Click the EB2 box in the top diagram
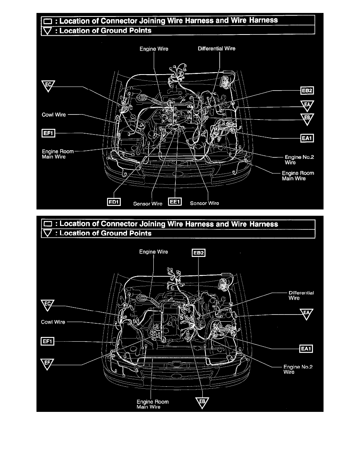307,91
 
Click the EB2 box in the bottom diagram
199,253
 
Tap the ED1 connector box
114,202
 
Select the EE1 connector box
175,202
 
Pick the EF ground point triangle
47,364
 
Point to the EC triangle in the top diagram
48,86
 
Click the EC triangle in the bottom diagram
47,305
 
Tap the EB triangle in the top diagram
307,119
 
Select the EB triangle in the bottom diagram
202,402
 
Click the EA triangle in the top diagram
307,106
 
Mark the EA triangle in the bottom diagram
306,313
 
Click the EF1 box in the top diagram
48,133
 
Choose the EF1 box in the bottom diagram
47,341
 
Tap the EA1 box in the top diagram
307,138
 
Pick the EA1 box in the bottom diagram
306,349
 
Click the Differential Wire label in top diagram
216,48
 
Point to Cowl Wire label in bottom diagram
53,322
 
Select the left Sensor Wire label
147,204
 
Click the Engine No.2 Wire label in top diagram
299,160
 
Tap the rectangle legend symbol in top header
47,22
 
